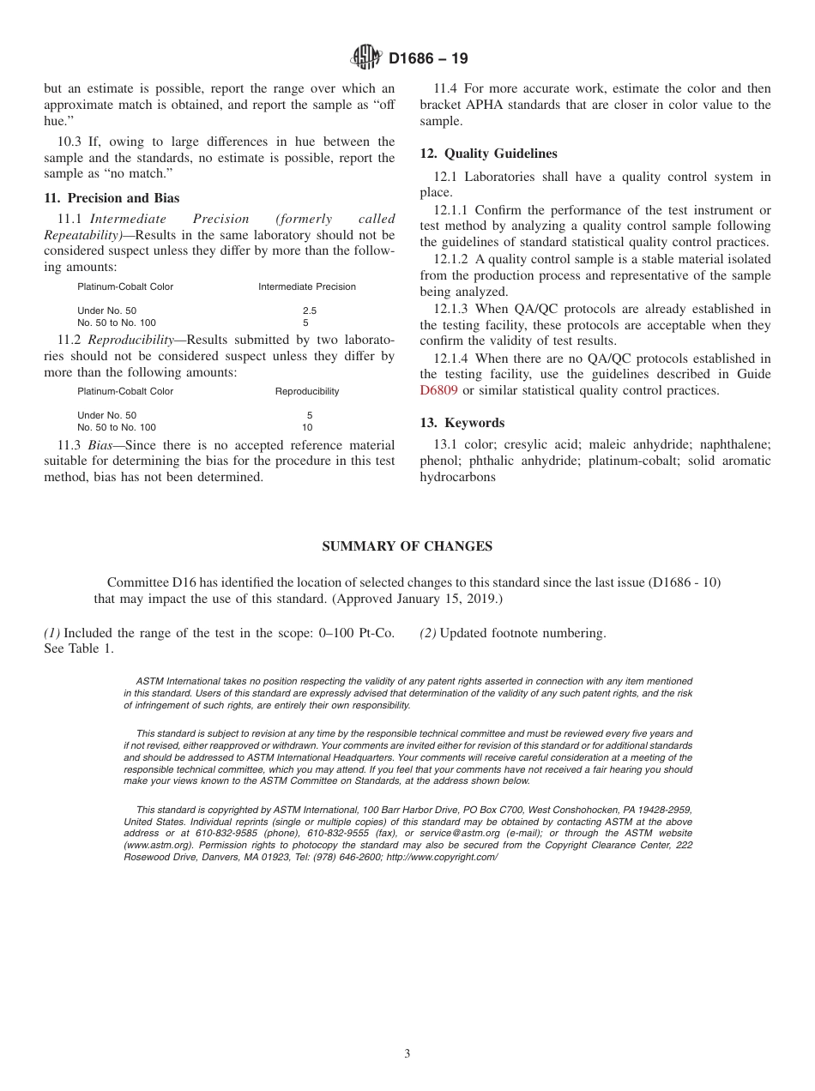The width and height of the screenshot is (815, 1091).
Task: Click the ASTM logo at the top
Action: pos(366,58)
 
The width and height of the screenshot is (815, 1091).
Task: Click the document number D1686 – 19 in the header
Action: pos(428,59)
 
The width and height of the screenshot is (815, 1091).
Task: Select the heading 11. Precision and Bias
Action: pos(112,198)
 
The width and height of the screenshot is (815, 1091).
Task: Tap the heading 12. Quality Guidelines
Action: pos(488,154)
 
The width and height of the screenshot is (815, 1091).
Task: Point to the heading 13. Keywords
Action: pos(462,423)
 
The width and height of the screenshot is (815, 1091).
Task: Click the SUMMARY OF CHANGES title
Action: pos(407,546)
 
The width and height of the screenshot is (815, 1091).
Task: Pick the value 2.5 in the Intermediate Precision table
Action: pos(309,310)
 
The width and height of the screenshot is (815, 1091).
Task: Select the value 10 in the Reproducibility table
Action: pos(307,427)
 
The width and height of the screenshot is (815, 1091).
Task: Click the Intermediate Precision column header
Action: pos(307,286)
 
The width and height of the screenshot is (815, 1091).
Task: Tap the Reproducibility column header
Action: pos(307,391)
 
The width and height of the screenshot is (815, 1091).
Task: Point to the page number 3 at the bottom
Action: pos(407,1054)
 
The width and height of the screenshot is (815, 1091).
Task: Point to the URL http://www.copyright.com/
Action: pos(442,857)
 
